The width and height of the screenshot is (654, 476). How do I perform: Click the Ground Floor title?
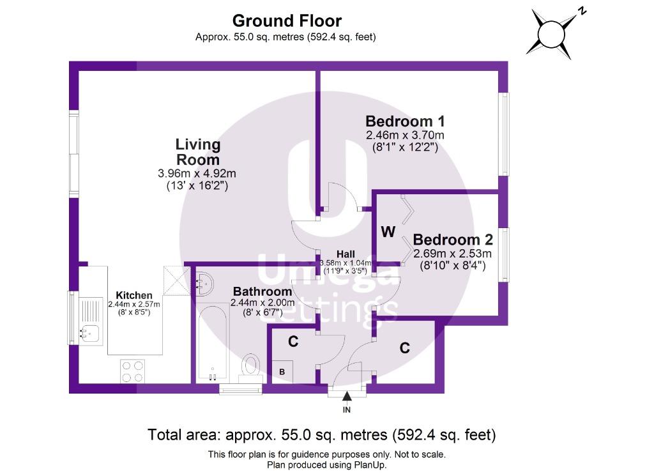coord(287,21)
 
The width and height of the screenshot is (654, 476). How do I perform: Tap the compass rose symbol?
coord(551,34)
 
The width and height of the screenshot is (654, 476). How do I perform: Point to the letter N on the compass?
coord(582,12)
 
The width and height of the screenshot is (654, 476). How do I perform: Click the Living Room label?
coord(198,152)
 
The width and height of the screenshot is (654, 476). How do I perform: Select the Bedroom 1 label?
coord(405,121)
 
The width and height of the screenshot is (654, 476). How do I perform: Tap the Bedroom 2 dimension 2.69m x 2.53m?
coord(453,254)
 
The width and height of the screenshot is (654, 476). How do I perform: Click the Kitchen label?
coord(134,295)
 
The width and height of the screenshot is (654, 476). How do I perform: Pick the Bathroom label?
coord(262,291)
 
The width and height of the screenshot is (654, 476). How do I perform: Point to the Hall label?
coord(346,254)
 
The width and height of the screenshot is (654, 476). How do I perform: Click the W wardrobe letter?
coord(388,231)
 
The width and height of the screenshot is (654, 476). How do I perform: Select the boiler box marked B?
coord(282,372)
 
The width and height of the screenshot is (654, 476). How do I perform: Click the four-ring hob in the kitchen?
coord(133,371)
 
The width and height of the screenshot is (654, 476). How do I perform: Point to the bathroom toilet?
coord(251,368)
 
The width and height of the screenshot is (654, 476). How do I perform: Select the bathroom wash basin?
coord(204,284)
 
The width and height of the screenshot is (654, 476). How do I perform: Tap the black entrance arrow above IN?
coord(347,396)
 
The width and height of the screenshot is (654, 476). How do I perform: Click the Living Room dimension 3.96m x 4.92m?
coord(197,173)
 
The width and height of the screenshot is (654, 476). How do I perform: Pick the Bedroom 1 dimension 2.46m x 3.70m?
coord(405,135)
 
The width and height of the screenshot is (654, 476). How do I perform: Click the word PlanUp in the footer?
coord(371,464)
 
